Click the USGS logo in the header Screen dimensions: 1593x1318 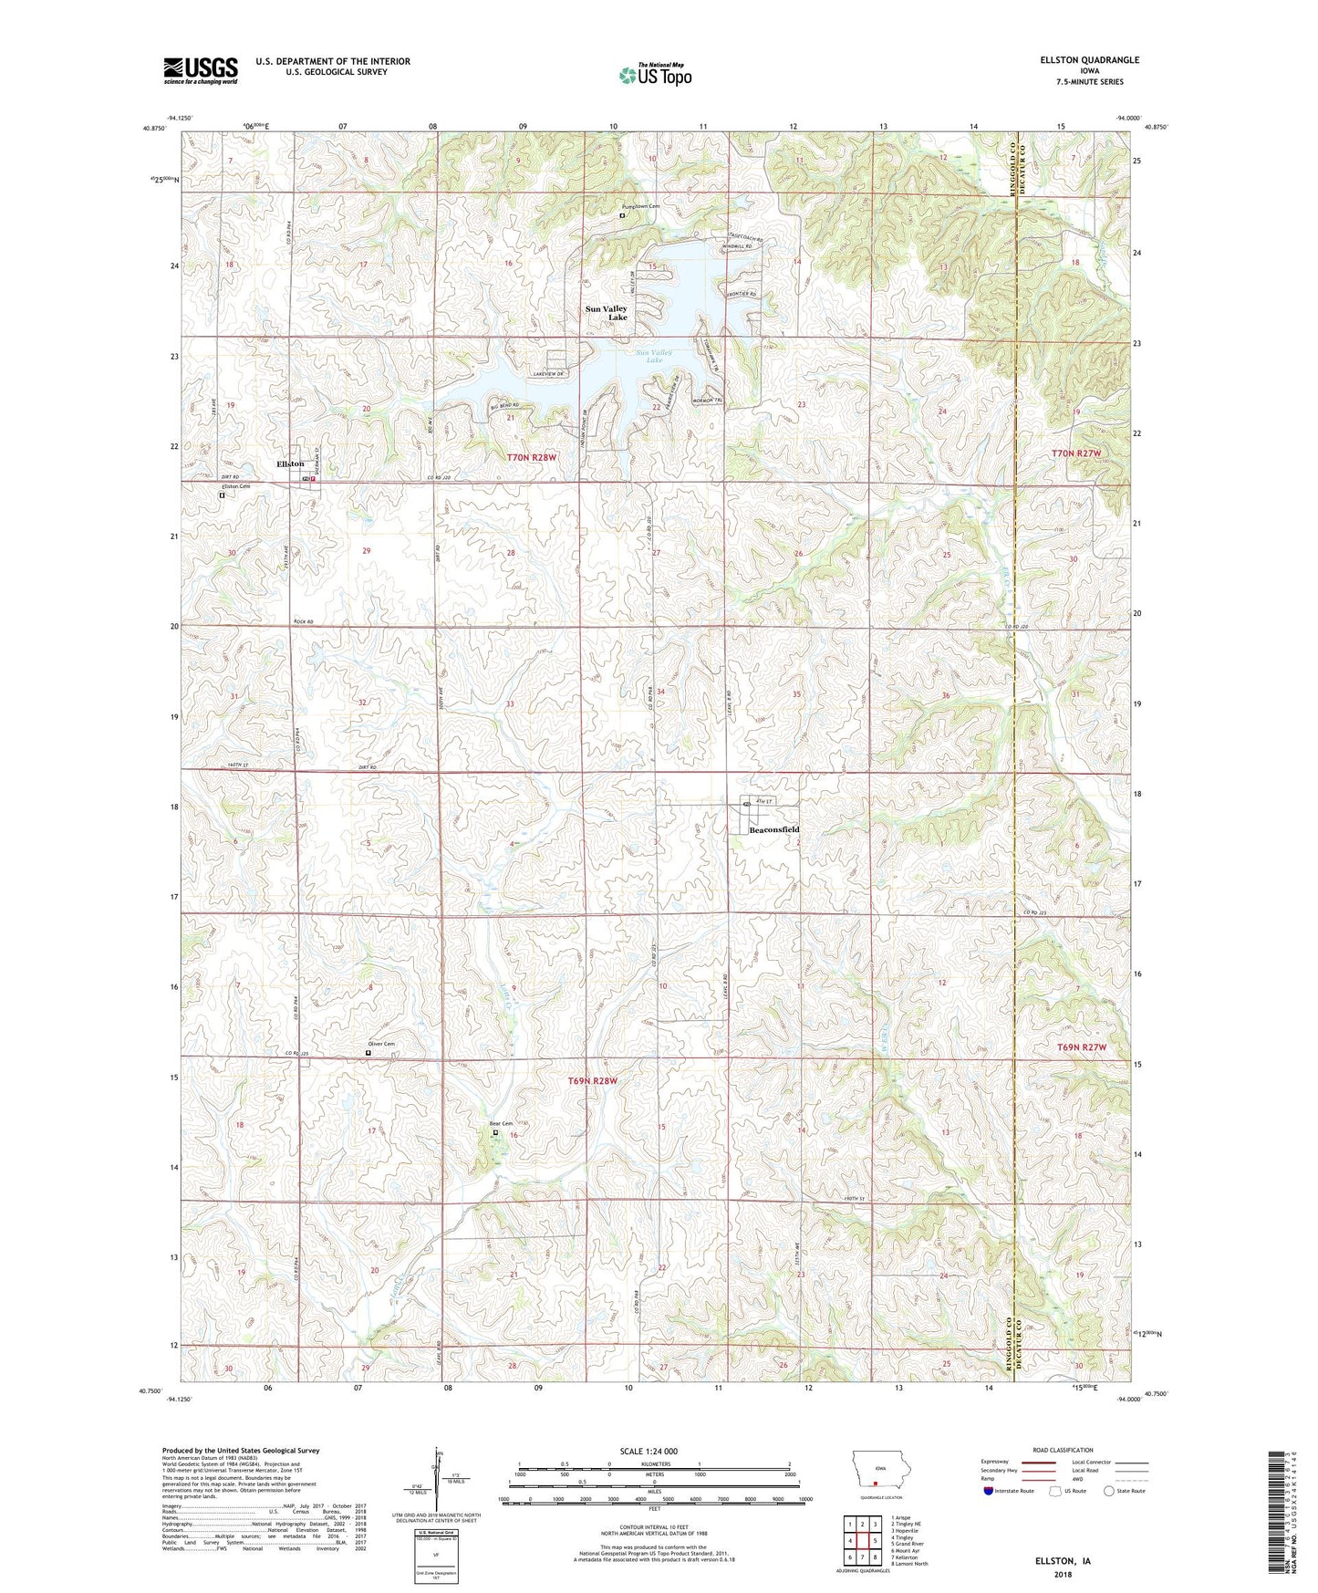pos(200,70)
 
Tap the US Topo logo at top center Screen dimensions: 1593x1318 pos(654,75)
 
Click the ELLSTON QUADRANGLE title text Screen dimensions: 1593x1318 pos(1089,60)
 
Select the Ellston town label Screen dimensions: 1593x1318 pos(290,464)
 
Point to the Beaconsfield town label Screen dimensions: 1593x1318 pos(773,829)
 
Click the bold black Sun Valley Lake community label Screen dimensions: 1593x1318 pos(607,313)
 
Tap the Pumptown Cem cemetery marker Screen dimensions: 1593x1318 pos(622,216)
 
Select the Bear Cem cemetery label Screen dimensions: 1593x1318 pos(501,1124)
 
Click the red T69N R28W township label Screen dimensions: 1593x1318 pos(593,1081)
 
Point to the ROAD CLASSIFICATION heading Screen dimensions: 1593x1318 pos(1062,1450)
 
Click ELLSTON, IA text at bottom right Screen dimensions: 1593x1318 pos(1063,1561)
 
